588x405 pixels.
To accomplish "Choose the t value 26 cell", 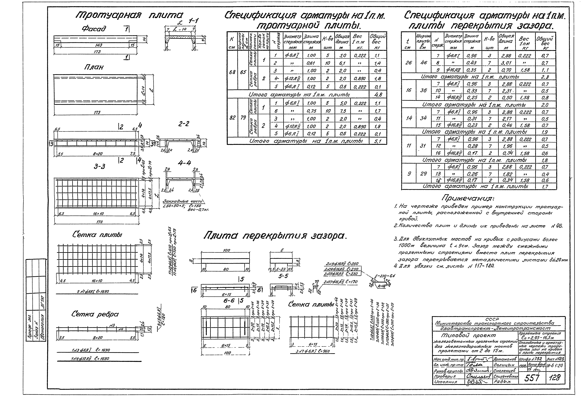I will [408, 63].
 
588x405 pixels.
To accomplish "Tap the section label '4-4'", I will [184, 163].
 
